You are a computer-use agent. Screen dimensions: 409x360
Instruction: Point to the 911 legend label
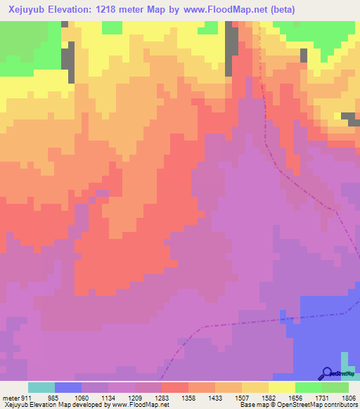[x=27, y=398]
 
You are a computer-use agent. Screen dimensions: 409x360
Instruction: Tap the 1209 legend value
[x=136, y=398]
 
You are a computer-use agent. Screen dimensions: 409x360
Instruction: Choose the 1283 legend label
[x=162, y=398]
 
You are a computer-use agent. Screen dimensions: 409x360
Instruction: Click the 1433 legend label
[x=215, y=398]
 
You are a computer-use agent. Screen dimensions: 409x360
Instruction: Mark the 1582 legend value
[x=269, y=398]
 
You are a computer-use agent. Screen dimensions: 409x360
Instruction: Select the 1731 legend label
[x=322, y=398]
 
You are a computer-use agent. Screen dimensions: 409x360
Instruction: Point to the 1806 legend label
[x=348, y=398]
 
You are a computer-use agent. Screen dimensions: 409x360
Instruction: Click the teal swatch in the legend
[x=41, y=387]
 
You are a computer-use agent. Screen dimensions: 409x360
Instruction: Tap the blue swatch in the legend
[x=68, y=387]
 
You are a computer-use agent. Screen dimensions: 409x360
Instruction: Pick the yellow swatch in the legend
[x=282, y=387]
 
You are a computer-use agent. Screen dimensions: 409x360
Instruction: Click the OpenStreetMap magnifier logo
[x=327, y=373]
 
